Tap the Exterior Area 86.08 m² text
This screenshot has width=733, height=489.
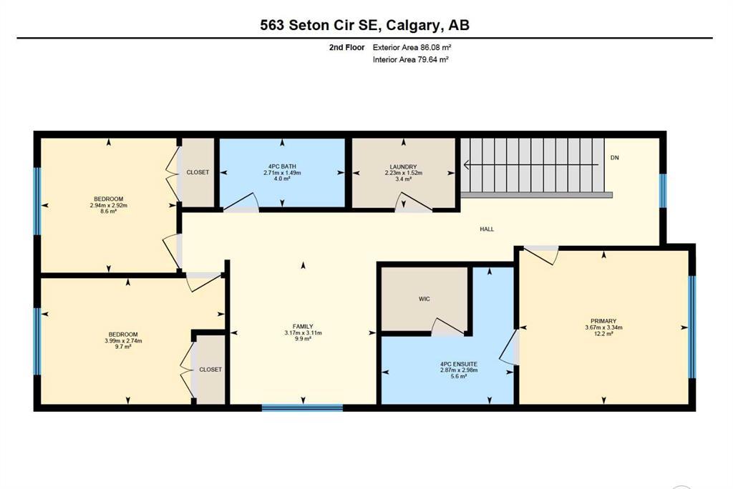(412, 47)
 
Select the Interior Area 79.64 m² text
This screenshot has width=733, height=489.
(411, 59)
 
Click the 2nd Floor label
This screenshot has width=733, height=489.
(346, 47)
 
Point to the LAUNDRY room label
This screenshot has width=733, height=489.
(404, 167)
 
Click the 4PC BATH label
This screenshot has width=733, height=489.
(282, 167)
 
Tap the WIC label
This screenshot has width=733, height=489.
(424, 299)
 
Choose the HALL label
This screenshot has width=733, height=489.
(487, 229)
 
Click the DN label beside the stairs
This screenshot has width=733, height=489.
(615, 158)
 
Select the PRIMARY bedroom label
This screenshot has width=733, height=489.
(603, 321)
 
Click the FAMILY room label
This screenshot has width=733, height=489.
(303, 327)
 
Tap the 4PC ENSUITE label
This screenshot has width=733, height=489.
(459, 364)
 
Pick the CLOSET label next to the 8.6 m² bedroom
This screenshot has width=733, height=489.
(198, 172)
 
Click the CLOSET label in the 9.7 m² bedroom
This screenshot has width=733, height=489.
(210, 370)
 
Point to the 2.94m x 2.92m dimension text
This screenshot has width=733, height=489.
(109, 205)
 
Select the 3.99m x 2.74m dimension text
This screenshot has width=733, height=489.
(123, 341)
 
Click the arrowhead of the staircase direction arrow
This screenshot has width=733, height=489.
(466, 165)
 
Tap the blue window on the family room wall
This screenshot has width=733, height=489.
(303, 407)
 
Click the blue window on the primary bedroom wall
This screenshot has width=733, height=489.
(692, 327)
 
